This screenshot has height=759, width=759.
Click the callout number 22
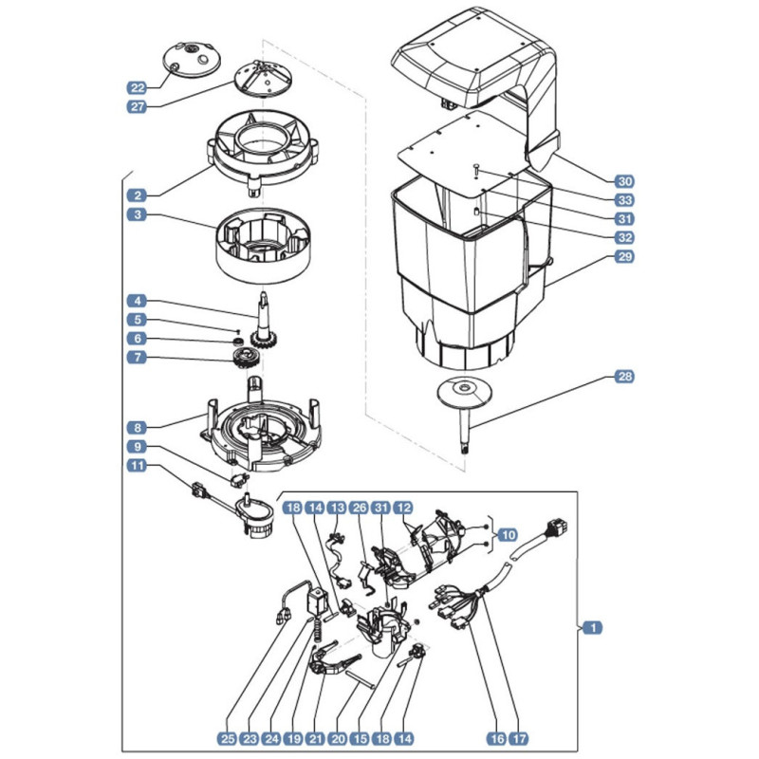coord(138,87)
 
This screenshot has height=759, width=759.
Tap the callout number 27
coord(138,106)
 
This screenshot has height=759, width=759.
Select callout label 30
coord(624,181)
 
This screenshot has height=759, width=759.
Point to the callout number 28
coord(624,376)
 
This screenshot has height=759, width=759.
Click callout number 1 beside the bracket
coord(593,628)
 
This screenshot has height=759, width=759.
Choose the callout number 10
coord(508,535)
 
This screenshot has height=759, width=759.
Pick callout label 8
coord(138,428)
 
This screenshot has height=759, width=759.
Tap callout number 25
coord(227,739)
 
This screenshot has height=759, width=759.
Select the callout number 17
coord(518,739)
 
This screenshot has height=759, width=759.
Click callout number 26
coord(360,508)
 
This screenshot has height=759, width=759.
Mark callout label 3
coord(138,214)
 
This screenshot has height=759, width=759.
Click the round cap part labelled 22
coord(192,59)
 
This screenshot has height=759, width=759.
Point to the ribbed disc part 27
coord(264,79)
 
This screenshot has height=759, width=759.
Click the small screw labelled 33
coord(477,170)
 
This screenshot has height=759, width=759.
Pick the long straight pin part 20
coord(361,678)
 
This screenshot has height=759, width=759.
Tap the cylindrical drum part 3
coord(264,246)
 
